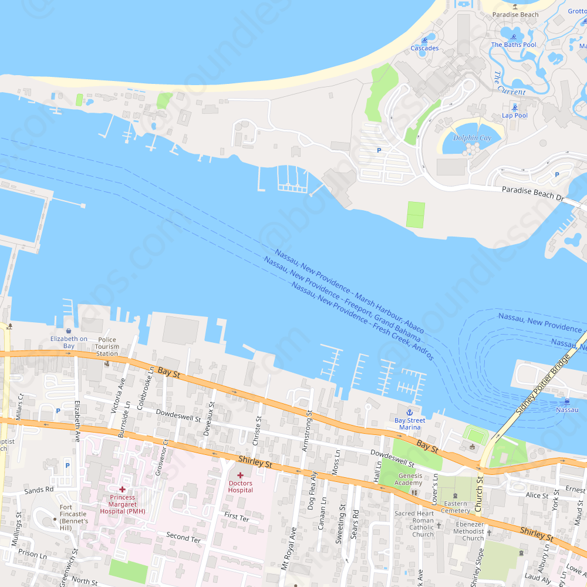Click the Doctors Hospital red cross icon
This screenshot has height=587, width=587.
click(240, 475)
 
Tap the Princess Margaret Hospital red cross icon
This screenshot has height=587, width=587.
click(122, 489)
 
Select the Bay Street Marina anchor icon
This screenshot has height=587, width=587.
click(410, 413)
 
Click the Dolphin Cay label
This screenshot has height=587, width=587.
click(472, 138)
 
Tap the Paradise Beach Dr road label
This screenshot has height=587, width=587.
click(532, 193)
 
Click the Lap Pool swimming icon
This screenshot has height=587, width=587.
click(515, 107)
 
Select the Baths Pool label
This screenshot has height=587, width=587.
click(514, 45)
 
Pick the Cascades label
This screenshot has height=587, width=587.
click(424, 48)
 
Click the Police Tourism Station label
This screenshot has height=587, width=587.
click(107, 346)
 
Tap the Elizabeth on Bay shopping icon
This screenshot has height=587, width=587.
click(69, 331)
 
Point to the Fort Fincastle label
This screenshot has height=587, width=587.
click(73, 518)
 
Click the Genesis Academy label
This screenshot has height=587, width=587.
click(410, 480)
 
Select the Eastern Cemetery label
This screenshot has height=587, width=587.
click(456, 507)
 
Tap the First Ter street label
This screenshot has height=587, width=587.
click(237, 517)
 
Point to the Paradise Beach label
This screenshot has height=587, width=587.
click(515, 15)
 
